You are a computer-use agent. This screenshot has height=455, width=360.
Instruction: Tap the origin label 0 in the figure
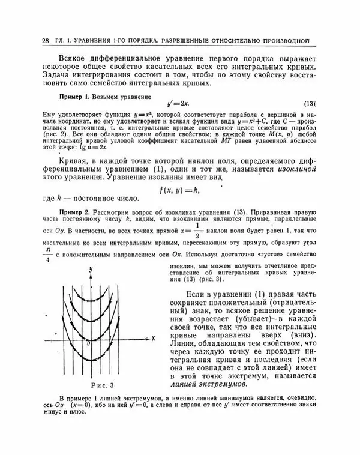[88, 343]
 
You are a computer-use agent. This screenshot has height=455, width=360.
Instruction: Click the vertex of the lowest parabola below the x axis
[92, 360]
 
